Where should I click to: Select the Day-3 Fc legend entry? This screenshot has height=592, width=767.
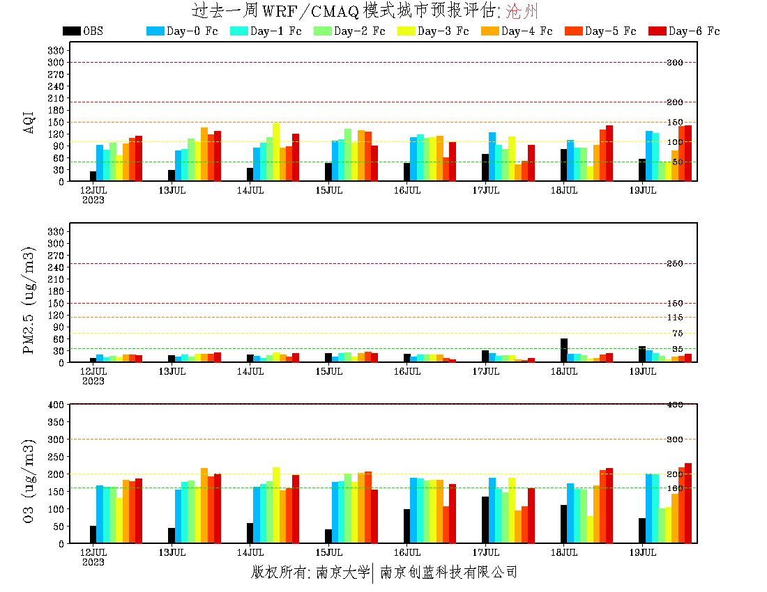pyautogui.click(x=432, y=31)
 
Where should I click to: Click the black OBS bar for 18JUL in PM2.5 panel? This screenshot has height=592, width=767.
pyautogui.click(x=564, y=350)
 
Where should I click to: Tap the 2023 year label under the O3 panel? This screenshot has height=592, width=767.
pyautogui.click(x=93, y=562)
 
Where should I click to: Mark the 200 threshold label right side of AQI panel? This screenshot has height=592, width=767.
pyautogui.click(x=674, y=102)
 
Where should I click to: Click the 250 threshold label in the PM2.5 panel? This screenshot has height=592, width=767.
pyautogui.click(x=674, y=264)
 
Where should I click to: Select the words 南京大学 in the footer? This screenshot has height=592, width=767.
pyautogui.click(x=342, y=572)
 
